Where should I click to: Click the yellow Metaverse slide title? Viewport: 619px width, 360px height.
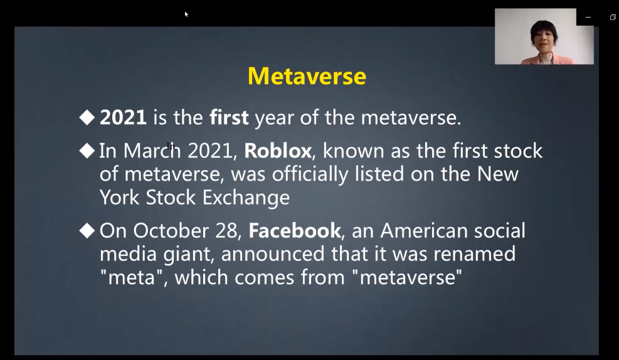pos(307,76)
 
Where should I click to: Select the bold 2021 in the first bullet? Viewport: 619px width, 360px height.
pos(123,118)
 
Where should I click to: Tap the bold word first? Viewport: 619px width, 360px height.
pos(229,117)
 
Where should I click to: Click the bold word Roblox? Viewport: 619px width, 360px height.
pos(278,151)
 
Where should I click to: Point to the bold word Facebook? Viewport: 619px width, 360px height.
pos(295,231)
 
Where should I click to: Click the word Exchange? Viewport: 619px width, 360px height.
pos(246,198)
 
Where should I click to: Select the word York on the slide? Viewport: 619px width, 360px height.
pos(119,198)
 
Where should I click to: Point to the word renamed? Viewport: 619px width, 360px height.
pos(475,254)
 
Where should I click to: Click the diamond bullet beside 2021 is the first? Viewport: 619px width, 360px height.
pos(87,117)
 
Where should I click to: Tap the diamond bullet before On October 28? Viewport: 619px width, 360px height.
pos(87,231)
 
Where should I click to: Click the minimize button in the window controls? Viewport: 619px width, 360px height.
pos(588,18)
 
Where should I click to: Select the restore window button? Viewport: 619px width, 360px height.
pos(613,18)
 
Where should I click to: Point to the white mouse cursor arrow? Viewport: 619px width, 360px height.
pos(186,14)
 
